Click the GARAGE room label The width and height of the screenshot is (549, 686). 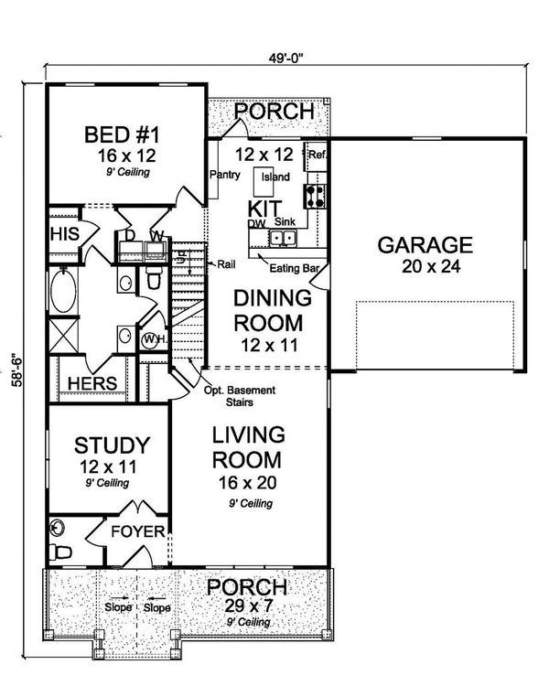425,245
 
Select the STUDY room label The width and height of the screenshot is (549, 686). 111,445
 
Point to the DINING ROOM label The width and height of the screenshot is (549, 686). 268,311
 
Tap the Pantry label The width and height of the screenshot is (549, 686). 224,175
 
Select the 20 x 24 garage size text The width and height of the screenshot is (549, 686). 425,267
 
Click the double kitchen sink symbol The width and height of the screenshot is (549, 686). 282,239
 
